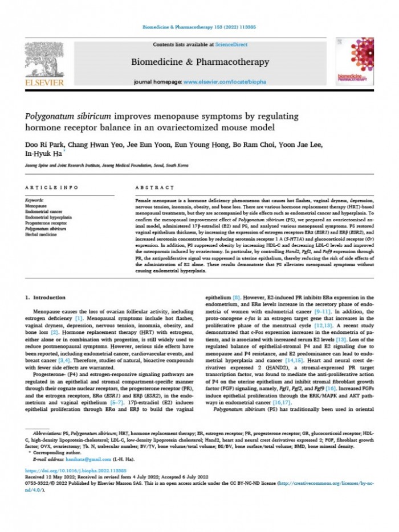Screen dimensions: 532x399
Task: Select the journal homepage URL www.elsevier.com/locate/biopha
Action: pos(223,82)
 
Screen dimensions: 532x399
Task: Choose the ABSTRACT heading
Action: pos(154,187)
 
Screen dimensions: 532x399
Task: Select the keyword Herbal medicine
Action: pos(42,234)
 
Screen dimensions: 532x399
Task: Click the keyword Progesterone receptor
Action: pos(47,222)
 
